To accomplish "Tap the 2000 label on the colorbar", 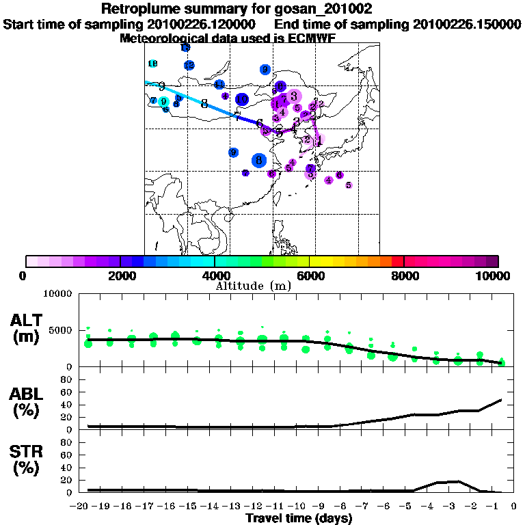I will coord(120,276).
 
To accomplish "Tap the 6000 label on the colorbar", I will coord(309,276).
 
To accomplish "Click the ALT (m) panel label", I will coord(27,328).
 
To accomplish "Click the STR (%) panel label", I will coord(27,459).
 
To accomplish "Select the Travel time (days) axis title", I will coord(299,519).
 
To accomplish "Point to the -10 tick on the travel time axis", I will coord(299,506).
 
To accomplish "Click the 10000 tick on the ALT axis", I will coord(57,294).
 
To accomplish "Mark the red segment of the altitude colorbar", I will coord(397,261).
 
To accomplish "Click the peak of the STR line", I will coord(456,481).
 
